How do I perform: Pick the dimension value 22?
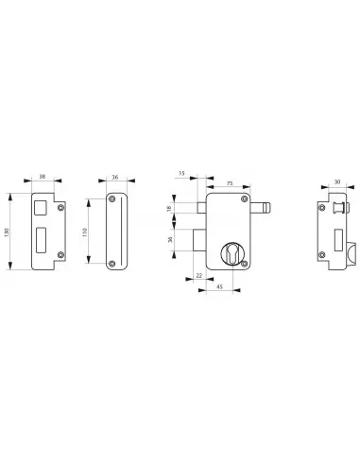click(199, 275)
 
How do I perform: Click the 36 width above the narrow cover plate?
click(114, 176)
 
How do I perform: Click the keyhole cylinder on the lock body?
click(231, 255)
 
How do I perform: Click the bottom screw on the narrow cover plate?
click(113, 264)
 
